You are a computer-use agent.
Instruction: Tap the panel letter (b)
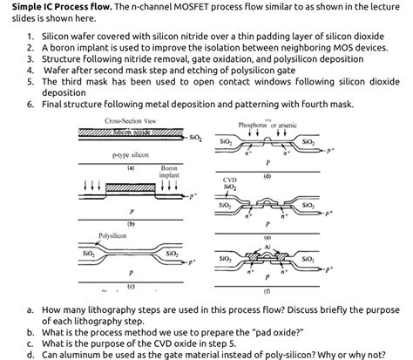(131, 224)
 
